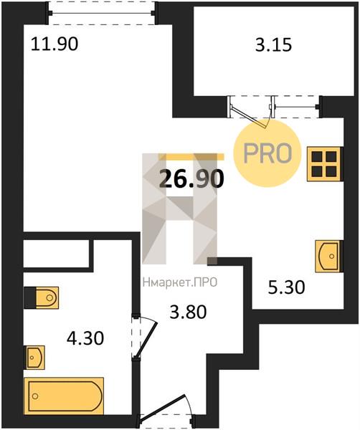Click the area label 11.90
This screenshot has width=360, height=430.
pyautogui.click(x=55, y=44)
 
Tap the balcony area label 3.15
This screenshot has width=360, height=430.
pyautogui.click(x=273, y=45)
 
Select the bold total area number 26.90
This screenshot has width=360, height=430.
pyautogui.click(x=191, y=178)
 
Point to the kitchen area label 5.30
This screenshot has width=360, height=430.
pyautogui.click(x=286, y=288)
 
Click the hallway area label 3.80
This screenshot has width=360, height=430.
pyautogui.click(x=188, y=312)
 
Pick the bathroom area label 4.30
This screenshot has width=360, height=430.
pyautogui.click(x=85, y=338)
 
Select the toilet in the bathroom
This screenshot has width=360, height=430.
pyautogui.click(x=41, y=298)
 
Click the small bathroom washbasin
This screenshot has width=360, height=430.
pyautogui.click(x=35, y=358)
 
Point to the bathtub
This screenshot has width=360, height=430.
pyautogui.click(x=64, y=396)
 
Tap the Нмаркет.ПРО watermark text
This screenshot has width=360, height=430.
pyautogui.click(x=180, y=282)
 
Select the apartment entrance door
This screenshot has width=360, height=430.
pyautogui.click(x=163, y=408)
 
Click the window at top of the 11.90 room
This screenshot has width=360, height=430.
pyautogui.click(x=101, y=13)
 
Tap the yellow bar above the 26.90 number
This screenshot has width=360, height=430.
pyautogui.click(x=191, y=156)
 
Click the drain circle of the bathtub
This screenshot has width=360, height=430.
pyautogui.click(x=35, y=396)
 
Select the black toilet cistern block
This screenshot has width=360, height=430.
pyautogui.click(x=30, y=298)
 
